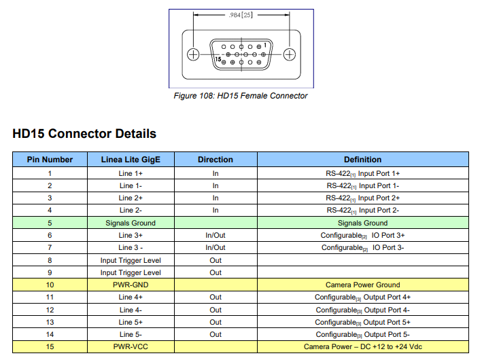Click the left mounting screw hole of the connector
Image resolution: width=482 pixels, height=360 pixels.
pos(193,54)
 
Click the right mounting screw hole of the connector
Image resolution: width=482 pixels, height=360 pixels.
pos(289,54)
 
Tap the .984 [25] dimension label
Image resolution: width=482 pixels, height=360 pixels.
pos(241,15)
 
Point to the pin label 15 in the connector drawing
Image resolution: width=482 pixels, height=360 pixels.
pos(218,59)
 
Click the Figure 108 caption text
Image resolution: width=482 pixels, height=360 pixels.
pos(241,96)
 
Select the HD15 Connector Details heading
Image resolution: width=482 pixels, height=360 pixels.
pos(84,134)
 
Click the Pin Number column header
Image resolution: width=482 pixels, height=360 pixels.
pos(50,160)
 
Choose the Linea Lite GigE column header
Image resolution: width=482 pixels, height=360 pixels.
pos(131,160)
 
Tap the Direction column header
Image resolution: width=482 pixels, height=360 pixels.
pos(216,160)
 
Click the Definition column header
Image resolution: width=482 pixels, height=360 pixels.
pos(363,160)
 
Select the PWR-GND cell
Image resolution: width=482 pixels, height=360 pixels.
pos(131,285)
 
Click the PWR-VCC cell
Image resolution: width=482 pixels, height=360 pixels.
pos(131,346)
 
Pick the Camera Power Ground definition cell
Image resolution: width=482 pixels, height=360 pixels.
pos(363,285)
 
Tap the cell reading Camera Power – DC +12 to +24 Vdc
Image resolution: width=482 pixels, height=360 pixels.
pos(363,346)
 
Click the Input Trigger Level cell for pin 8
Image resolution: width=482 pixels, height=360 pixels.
pos(131,260)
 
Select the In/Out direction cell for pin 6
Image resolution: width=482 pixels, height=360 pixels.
pos(216,235)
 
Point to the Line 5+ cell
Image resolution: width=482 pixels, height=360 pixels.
pos(131,322)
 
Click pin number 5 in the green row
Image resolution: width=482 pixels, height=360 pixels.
pos(50,223)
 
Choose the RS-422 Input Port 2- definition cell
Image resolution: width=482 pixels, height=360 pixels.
pos(363,211)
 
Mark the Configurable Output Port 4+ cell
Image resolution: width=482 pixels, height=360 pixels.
pos(363,298)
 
